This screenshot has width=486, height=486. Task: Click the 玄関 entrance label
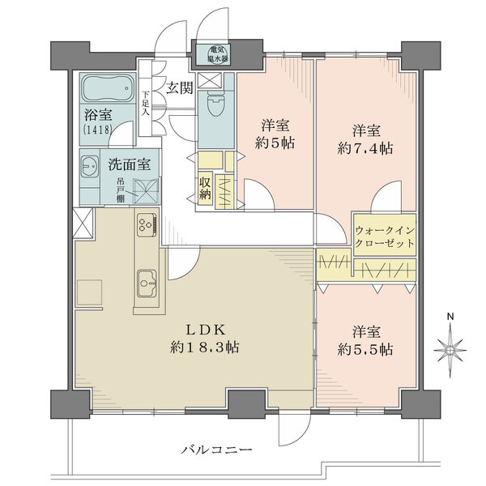click(x=180, y=87)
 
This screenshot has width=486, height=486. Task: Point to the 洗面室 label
click(x=130, y=164)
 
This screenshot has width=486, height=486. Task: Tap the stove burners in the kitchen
click(x=147, y=224)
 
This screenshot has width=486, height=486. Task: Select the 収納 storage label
click(x=206, y=188)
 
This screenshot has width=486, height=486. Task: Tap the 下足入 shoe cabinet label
click(x=147, y=104)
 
